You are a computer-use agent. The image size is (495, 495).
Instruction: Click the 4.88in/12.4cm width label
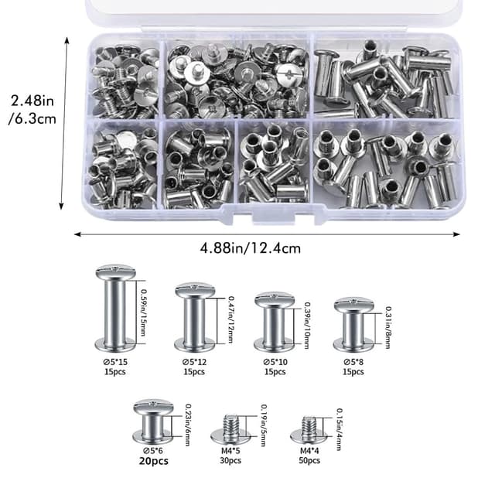tap(250, 248)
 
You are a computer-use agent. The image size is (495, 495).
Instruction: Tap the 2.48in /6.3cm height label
tap(32, 110)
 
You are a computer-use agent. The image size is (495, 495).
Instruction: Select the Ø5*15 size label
tap(115, 362)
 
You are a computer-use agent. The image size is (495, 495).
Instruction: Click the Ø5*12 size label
tap(194, 362)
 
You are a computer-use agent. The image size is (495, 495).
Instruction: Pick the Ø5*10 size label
tap(275, 362)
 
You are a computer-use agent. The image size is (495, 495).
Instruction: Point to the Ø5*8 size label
tap(353, 362)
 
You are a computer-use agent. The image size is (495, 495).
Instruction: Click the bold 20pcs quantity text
tap(153, 461)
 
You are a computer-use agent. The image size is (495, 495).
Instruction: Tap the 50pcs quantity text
tap(309, 461)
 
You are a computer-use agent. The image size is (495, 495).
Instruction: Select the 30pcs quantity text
tap(230, 461)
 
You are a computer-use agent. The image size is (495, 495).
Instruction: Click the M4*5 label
tap(230, 451)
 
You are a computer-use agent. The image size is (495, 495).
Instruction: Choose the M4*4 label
tap(309, 451)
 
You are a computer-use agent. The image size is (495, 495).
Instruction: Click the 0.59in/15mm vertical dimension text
tap(143, 312)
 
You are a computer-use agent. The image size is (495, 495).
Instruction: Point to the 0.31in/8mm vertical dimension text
tap(388, 327)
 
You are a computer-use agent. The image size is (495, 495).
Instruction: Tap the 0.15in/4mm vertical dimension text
tap(340, 429)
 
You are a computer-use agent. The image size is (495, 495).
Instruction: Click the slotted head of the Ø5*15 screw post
tap(115, 271)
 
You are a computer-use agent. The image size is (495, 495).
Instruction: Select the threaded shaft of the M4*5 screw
tap(230, 424)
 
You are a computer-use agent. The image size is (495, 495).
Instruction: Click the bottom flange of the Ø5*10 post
tap(275, 345)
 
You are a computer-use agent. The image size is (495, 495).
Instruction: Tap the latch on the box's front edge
tap(274, 217)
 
